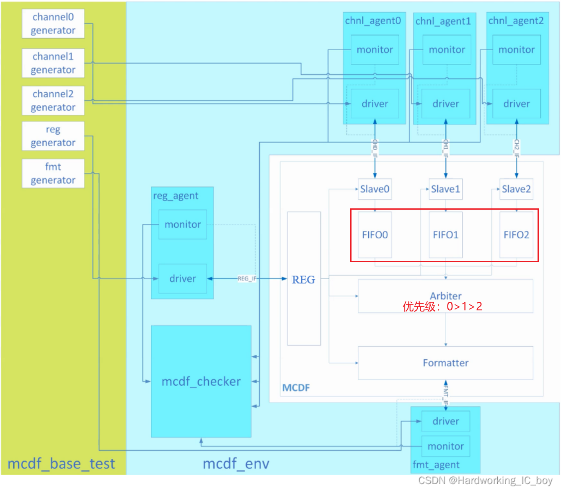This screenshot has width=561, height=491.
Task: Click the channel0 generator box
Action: tap(53, 24)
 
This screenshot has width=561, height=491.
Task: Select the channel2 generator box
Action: tap(53, 101)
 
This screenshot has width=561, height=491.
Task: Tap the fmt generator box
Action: tap(53, 174)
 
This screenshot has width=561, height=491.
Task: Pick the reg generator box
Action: tap(53, 136)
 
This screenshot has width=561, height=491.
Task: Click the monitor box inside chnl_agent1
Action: tap(447, 50)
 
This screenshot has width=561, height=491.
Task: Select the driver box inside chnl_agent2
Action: tap(516, 104)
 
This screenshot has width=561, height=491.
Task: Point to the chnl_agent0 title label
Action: tap(373, 21)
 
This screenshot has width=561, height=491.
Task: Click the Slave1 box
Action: tap(445, 189)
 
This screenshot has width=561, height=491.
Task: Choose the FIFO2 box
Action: tap(516, 235)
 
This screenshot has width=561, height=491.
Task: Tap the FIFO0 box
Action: tap(375, 235)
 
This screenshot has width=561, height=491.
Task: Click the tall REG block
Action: tap(304, 279)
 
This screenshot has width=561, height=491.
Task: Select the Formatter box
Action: tap(445, 363)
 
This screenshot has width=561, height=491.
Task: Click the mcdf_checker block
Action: tap(201, 382)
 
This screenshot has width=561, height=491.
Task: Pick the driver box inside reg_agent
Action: tap(183, 279)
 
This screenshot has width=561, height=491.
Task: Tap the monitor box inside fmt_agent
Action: tap(445, 447)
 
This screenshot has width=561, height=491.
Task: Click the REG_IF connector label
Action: tap(247, 279)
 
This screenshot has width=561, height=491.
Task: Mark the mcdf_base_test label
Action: tap(61, 464)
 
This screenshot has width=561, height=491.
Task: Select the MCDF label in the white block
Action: tap(296, 388)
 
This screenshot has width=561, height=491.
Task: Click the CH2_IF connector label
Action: tap(516, 148)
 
